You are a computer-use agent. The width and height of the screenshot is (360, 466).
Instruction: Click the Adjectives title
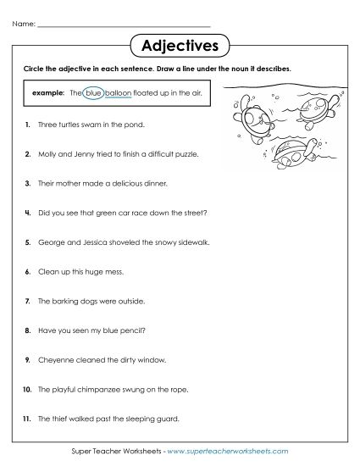pyautogui.click(x=180, y=43)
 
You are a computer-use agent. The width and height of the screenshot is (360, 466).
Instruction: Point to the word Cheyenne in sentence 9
pyautogui.click(x=58, y=359)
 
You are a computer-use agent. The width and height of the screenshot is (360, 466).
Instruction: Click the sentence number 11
pyautogui.click(x=28, y=418)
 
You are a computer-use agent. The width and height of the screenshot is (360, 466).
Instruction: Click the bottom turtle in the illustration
pyautogui.click(x=292, y=152)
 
